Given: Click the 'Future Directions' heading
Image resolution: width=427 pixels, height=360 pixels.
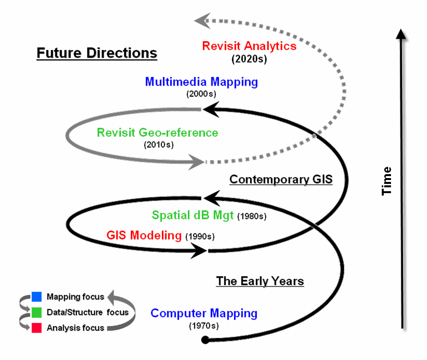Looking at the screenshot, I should point(97,53).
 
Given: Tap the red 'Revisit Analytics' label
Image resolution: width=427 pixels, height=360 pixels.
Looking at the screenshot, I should point(249,46).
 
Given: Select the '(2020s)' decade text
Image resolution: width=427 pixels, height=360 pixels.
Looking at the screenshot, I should point(249,60).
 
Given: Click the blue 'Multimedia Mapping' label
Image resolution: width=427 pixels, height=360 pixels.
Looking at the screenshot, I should point(201,82).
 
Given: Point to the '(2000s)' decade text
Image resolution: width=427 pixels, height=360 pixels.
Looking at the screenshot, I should point(201,93).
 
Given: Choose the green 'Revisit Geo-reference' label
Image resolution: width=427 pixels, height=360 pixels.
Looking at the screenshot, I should point(157,132).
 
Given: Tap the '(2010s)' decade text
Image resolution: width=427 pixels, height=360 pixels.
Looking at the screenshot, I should point(158,144).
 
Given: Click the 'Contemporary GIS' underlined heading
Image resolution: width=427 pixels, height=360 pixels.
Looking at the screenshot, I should point(281,180).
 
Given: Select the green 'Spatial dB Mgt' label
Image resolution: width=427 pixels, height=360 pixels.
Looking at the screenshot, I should point(193,215).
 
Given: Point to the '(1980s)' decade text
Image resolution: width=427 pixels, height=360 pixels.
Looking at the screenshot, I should point(252,216).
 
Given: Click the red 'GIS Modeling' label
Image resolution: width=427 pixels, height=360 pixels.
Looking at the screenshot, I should point(143,236).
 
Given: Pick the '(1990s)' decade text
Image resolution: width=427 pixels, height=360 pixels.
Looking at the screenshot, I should point(199,237).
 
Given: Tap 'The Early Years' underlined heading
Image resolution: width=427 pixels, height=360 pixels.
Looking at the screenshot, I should point(260,281).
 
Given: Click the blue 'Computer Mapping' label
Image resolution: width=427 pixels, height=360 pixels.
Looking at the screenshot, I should point(204,314).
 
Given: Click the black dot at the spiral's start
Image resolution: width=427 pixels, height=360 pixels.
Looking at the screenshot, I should point(205,340).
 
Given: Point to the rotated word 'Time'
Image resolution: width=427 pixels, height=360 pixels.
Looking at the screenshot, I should point(387,181).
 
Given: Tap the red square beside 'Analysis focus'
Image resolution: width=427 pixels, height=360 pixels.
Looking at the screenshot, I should point(36,328).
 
